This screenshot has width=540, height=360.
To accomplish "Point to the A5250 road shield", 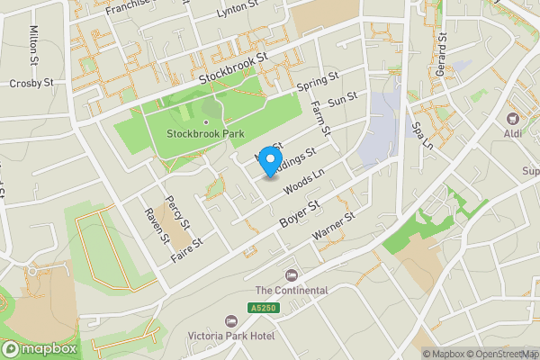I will coord(262,308).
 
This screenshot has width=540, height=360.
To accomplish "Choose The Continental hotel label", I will coord(292,290).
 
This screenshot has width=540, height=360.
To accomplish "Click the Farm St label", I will coord(320,118).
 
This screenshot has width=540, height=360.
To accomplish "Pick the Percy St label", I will coord(180,212).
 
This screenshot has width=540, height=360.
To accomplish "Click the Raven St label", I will coord(157,225).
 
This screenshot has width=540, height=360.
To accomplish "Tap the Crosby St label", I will coord(26,83).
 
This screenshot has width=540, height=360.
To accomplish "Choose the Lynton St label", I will coord(238,13).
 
